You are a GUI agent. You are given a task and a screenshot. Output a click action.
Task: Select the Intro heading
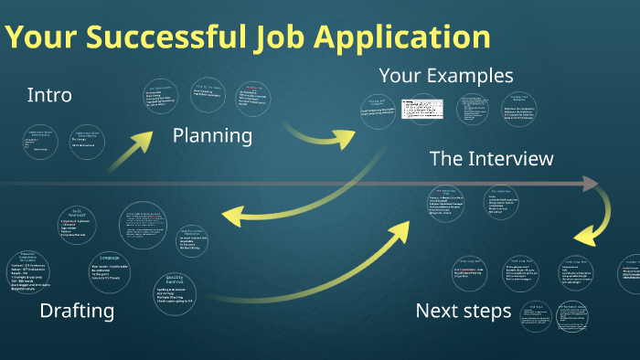click(49, 94)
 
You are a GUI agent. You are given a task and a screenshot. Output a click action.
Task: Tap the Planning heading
click(212, 136)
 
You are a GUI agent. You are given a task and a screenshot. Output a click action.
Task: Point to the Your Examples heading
click(446, 75)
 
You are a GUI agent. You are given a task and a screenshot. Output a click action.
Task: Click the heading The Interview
click(491, 159)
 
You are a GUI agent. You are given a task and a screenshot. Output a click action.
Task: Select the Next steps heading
click(464, 311)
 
